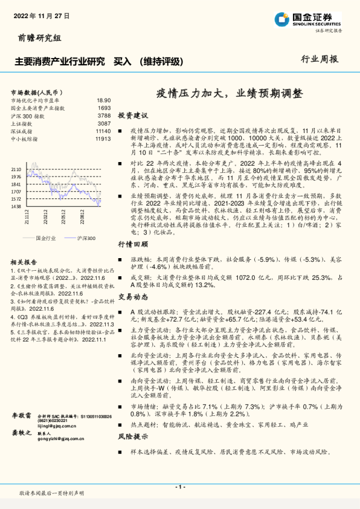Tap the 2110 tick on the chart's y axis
16,170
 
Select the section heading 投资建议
133,115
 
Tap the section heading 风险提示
133,436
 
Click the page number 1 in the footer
179,486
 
